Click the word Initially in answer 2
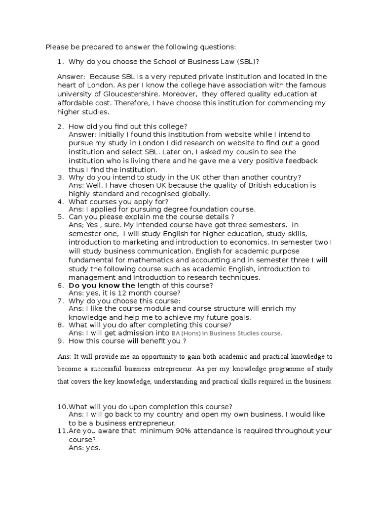pos(115,134)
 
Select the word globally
pos(193,194)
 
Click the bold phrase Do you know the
pos(102,286)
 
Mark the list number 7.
pos(61,300)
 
